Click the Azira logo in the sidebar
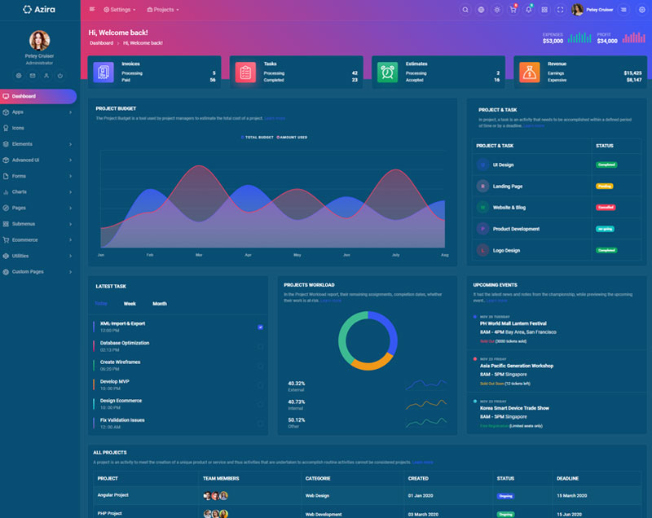[39, 10]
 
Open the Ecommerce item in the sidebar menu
[24, 239]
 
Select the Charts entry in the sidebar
[19, 192]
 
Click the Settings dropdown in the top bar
[120, 10]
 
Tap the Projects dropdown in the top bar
[162, 10]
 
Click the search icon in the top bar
[465, 10]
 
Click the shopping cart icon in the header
[513, 10]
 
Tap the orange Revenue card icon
[529, 72]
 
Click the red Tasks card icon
[245, 72]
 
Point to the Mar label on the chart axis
[199, 255]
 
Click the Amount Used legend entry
[293, 138]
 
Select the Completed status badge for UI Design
[606, 165]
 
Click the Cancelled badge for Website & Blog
[606, 208]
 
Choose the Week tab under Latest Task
[130, 304]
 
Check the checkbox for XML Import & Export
[260, 327]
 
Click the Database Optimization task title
[125, 343]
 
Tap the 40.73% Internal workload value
[297, 402]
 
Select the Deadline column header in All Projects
[568, 478]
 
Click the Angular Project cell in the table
[113, 495]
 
